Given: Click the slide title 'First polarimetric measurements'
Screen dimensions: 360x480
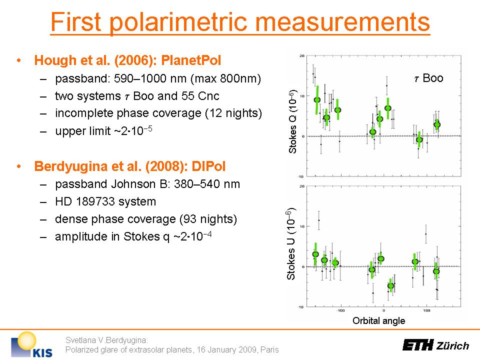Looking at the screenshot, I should pyautogui.click(x=240, y=22).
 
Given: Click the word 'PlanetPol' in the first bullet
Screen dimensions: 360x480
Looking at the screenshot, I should pyautogui.click(x=193, y=61).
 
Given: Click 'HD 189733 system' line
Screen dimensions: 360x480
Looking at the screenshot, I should pyautogui.click(x=105, y=201).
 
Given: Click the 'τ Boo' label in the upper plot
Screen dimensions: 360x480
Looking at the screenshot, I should pyautogui.click(x=428, y=78).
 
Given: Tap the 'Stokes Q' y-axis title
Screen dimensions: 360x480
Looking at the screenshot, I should pyautogui.click(x=294, y=120).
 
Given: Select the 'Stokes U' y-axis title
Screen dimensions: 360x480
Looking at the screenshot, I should pyautogui.click(x=294, y=243).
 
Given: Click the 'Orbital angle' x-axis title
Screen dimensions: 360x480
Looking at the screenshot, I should pyautogui.click(x=378, y=320).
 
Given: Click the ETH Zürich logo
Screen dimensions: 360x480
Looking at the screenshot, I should pyautogui.click(x=435, y=345).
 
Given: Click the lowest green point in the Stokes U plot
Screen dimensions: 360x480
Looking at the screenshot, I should pyautogui.click(x=390, y=286).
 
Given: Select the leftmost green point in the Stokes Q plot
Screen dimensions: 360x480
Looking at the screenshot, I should pyautogui.click(x=317, y=99).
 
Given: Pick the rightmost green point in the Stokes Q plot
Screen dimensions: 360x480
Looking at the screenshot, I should pyautogui.click(x=437, y=124).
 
